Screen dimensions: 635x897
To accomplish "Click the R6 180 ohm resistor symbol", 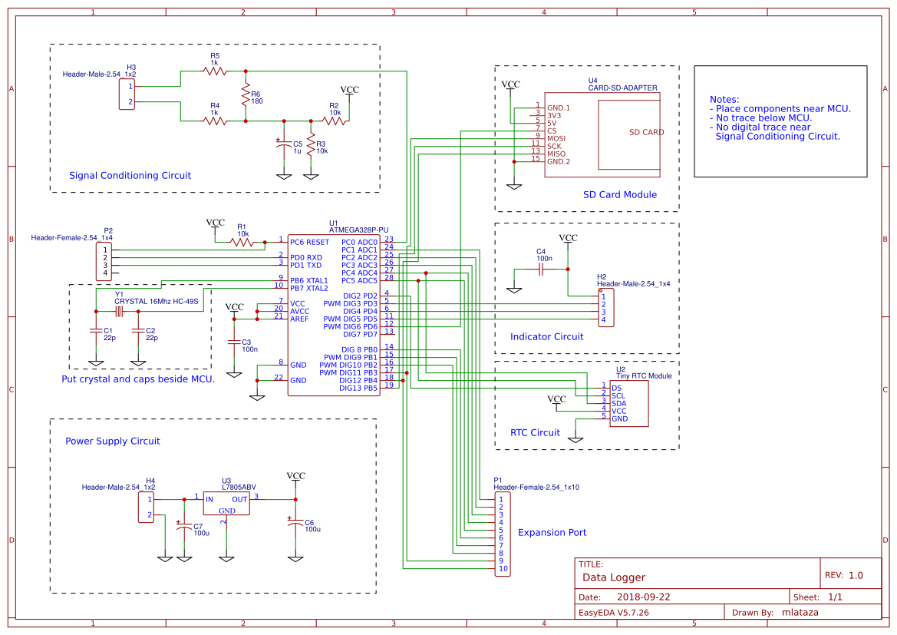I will (x=246, y=95).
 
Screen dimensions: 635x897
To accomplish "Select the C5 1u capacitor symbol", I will (x=283, y=146).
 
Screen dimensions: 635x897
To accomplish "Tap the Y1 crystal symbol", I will (x=120, y=311).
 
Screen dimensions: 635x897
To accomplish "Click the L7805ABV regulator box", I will (x=226, y=503).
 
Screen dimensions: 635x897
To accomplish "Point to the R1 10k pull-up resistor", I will (x=242, y=242).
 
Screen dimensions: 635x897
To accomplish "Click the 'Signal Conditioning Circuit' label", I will (x=130, y=175).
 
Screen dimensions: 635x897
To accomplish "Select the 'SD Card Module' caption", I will (x=619, y=194).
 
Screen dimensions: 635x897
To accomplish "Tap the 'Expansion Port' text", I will (x=552, y=532).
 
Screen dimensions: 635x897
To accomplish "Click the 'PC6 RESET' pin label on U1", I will (x=310, y=242).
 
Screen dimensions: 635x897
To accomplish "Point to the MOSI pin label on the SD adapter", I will (x=556, y=138).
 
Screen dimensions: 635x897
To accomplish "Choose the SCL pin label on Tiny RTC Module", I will (x=618, y=395).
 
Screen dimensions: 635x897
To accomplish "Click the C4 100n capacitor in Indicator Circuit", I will (x=541, y=269).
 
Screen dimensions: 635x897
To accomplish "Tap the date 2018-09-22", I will (x=643, y=597).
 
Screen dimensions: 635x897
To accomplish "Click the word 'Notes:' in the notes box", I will (x=724, y=100).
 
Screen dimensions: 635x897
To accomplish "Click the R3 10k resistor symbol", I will (x=311, y=145).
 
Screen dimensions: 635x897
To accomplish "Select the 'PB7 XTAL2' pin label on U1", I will (x=309, y=288).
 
